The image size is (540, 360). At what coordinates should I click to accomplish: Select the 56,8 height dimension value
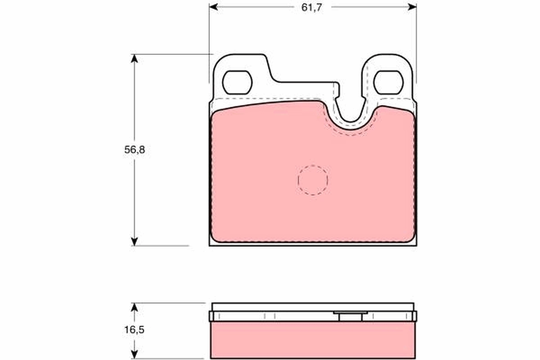pos(135,150)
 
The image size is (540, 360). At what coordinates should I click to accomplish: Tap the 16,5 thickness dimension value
pos(135,330)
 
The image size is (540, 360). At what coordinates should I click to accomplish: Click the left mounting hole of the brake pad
pos(237,82)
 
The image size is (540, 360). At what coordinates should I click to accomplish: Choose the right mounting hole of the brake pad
pos(388,82)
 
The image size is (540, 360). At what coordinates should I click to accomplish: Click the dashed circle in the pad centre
pos(313,180)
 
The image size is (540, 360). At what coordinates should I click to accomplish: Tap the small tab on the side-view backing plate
pos(351,316)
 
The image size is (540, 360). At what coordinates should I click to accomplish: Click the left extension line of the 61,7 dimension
pos(209,45)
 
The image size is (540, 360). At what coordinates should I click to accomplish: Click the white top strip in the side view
pos(313,306)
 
